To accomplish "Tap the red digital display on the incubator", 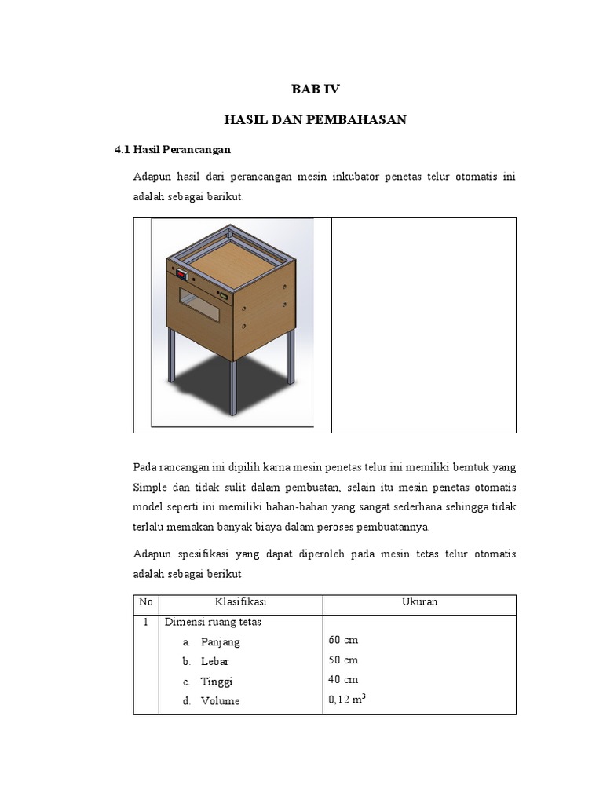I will pyautogui.click(x=181, y=276).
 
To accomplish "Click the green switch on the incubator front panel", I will pyautogui.click(x=223, y=296).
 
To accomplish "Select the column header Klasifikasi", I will pyautogui.click(x=240, y=602).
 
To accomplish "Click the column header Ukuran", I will pyautogui.click(x=419, y=602).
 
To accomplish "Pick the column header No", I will pyautogui.click(x=146, y=602).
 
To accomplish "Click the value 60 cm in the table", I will pyautogui.click(x=343, y=641).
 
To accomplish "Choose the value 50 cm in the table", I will pyautogui.click(x=343, y=660).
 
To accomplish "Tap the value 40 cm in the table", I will pyautogui.click(x=343, y=680).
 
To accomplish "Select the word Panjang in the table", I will pyautogui.click(x=220, y=642).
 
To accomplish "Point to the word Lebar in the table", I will pyautogui.click(x=215, y=662).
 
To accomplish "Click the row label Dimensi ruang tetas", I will pyautogui.click(x=213, y=623).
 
